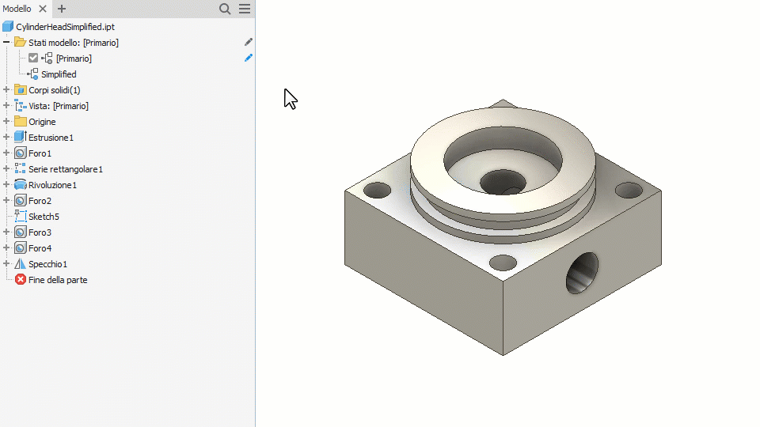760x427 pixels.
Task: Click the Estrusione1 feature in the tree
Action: point(51,138)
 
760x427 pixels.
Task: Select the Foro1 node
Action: point(40,153)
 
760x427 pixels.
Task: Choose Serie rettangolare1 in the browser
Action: point(66,169)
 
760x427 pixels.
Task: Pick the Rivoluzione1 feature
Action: point(52,185)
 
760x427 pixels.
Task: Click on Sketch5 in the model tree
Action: point(44,217)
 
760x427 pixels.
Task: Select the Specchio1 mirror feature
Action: point(47,264)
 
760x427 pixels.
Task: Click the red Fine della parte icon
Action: point(21,279)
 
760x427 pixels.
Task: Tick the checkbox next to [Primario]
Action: point(33,58)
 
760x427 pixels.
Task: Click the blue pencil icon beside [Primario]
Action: point(249,58)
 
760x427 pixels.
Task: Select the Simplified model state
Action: point(59,74)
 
